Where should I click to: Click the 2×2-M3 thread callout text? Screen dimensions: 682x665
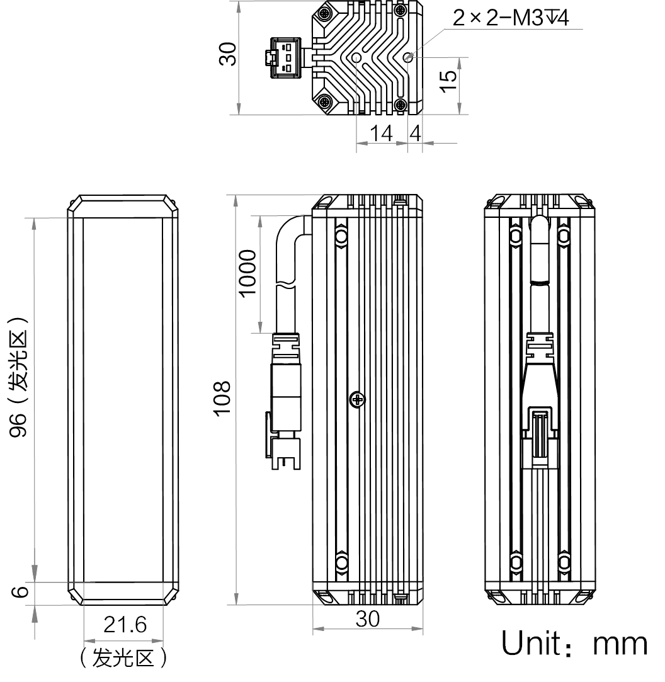[510, 18]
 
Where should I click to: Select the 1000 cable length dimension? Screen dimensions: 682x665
[248, 273]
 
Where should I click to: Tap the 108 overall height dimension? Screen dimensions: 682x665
[222, 398]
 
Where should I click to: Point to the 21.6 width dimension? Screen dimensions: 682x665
[125, 625]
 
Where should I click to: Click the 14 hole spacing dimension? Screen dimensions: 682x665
[381, 134]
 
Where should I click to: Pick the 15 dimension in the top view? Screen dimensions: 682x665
[448, 81]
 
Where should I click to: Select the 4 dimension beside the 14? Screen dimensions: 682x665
[415, 134]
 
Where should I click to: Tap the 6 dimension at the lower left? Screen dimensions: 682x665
[21, 592]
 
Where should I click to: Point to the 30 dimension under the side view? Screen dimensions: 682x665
[368, 618]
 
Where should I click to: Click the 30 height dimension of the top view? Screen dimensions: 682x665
[229, 54]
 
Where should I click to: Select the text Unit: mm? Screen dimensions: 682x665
[574, 642]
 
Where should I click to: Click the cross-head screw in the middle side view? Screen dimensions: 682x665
[357, 399]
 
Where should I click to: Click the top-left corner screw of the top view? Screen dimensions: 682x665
[325, 13]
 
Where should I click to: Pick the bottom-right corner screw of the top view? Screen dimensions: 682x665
[399, 105]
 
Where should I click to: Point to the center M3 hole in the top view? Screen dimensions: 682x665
[356, 58]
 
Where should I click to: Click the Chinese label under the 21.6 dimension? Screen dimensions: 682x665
[123, 659]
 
